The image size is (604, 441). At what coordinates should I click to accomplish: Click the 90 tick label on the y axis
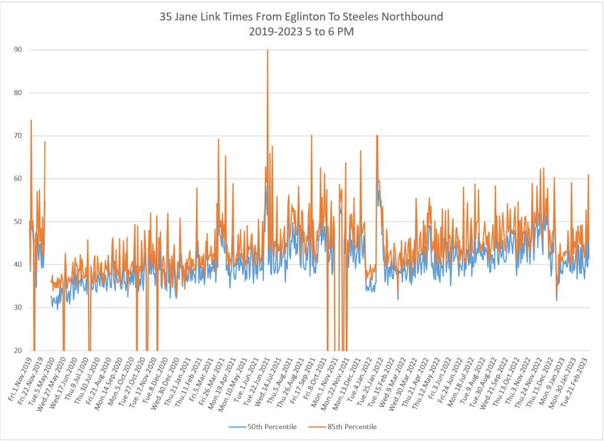[18, 50]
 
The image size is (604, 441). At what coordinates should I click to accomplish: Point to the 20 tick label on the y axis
[18, 351]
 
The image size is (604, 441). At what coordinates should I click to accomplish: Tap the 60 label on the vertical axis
[18, 179]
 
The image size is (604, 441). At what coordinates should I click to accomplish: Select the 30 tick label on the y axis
[18, 308]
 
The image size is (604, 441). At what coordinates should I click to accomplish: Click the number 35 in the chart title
[166, 17]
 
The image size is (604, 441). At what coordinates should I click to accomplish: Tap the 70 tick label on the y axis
[18, 136]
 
